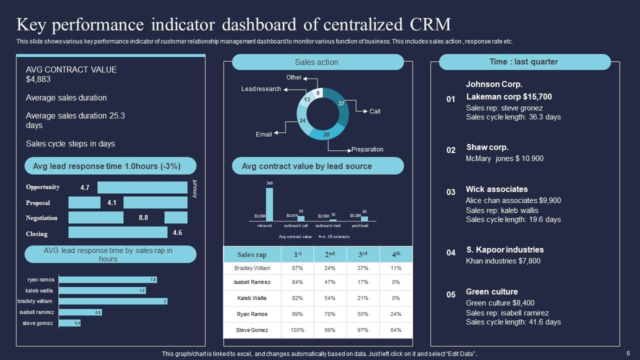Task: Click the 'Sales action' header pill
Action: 317,62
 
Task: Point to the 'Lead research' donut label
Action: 261,89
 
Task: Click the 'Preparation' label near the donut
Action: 367,149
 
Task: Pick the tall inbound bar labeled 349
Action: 269,204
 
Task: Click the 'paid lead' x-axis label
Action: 360,226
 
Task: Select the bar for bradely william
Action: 113,301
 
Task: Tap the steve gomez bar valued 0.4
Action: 69,323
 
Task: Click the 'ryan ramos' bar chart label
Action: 41,280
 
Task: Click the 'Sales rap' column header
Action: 252,255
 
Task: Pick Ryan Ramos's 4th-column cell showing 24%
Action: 396,314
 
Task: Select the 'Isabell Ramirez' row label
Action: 252,282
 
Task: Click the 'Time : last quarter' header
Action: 524,62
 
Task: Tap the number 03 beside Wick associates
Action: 451,192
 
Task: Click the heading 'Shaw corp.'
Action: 487,147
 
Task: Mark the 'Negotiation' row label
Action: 41,218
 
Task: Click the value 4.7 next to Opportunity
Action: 84,188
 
